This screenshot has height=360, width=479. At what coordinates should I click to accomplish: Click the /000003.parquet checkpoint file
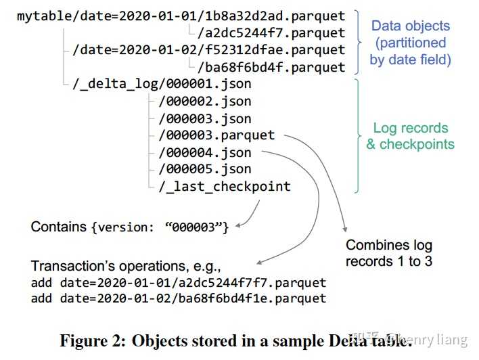pos(216,135)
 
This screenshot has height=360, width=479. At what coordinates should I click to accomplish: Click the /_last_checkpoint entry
pos(225,186)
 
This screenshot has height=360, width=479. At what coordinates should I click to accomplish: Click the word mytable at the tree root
pos(40,15)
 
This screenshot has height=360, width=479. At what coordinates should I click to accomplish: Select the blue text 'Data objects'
pos(410,26)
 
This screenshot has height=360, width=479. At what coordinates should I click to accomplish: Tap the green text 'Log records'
pos(410,128)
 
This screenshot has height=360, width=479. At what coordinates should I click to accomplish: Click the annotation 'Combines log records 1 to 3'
pos(388,253)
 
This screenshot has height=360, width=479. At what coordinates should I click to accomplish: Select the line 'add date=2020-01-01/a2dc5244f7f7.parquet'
pos(179,282)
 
